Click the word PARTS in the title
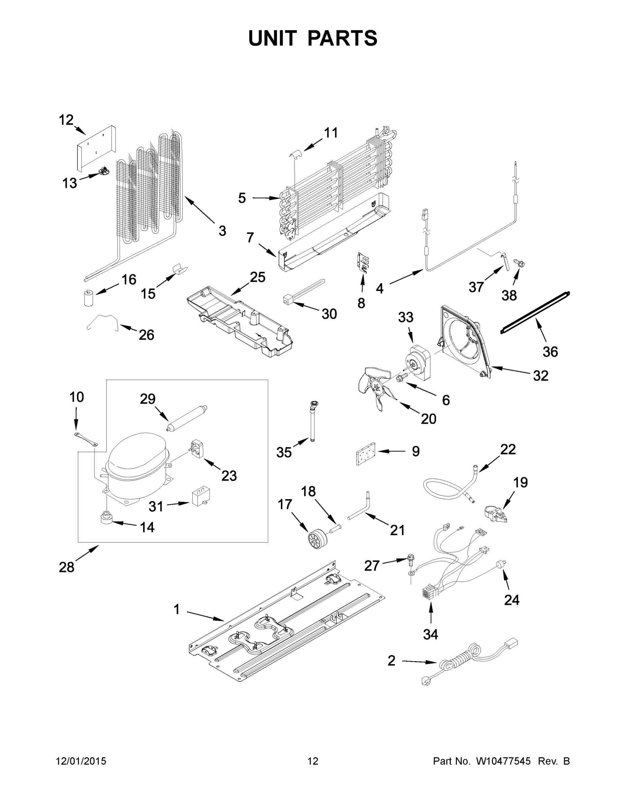click(x=343, y=38)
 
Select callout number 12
click(x=66, y=120)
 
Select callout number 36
click(x=550, y=352)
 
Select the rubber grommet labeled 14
click(x=106, y=517)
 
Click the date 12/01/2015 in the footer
click(x=81, y=761)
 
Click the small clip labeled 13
click(x=105, y=171)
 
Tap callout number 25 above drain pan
click(x=257, y=277)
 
